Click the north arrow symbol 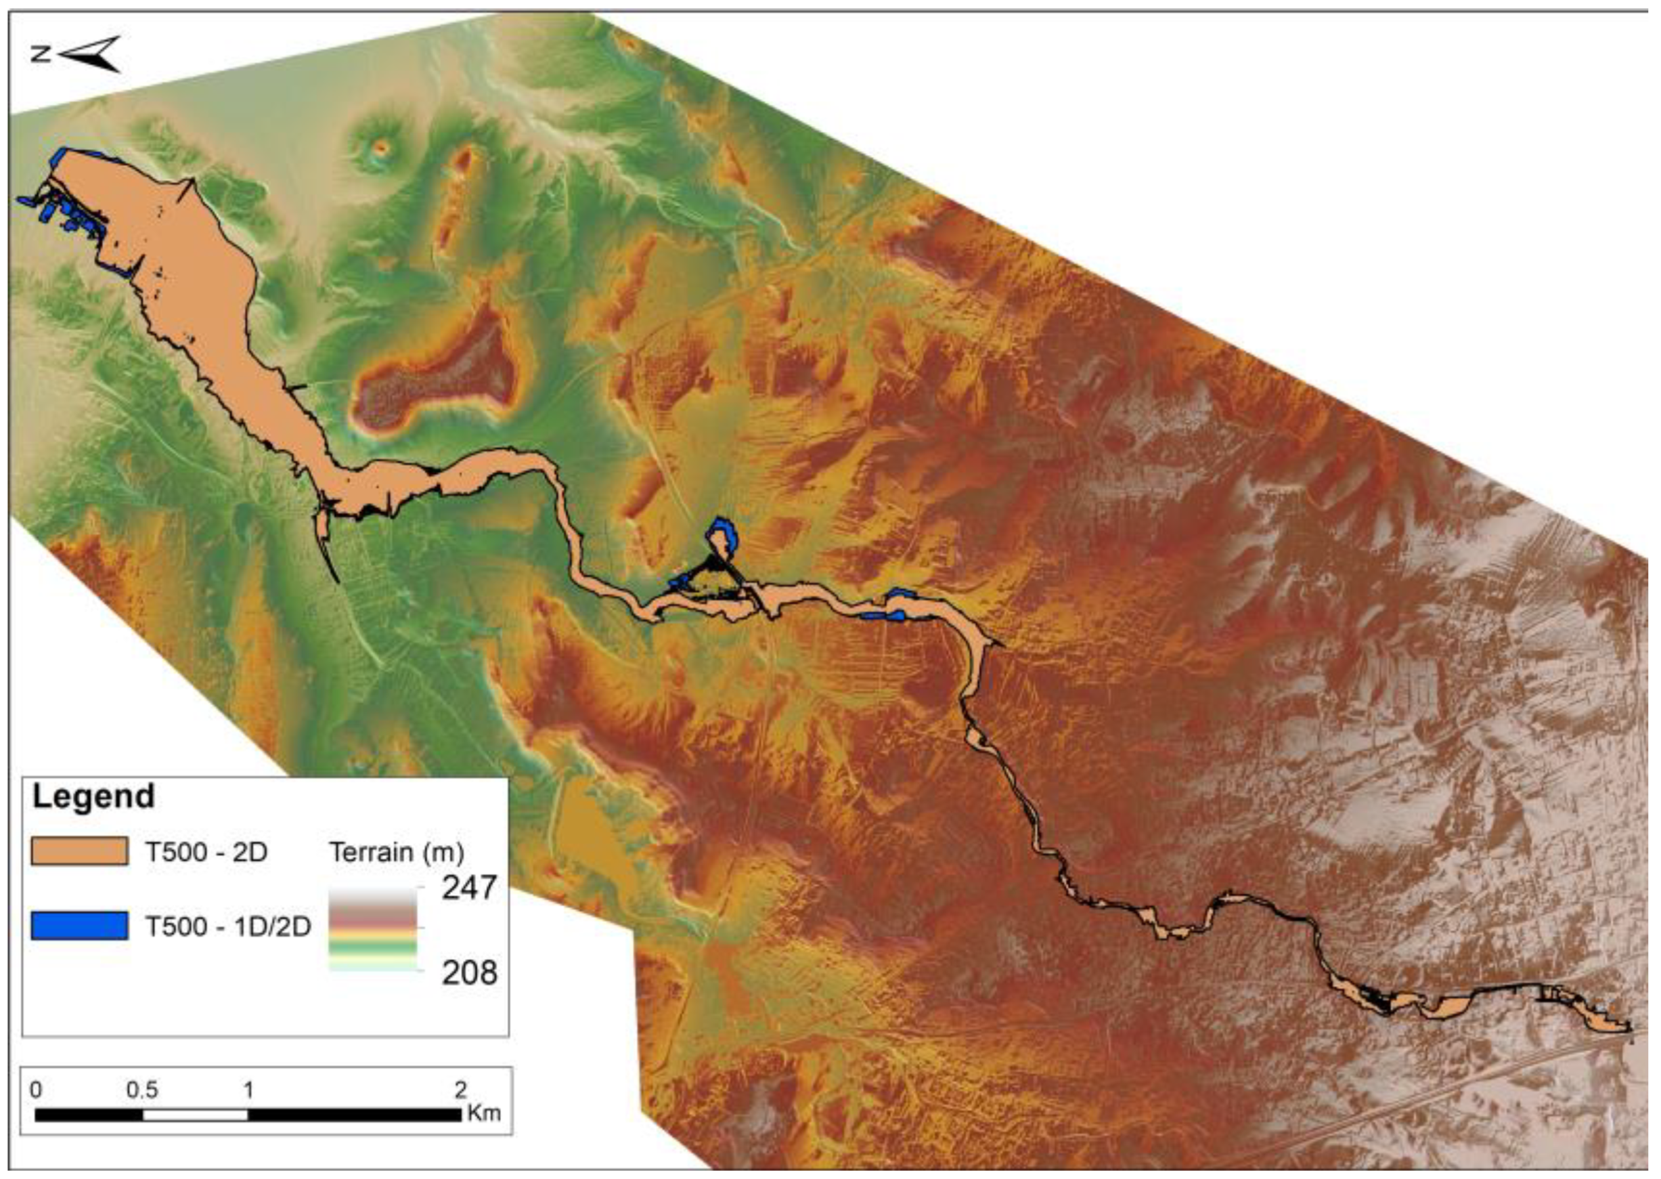[90, 54]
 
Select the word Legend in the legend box [93, 796]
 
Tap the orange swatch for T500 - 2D [79, 852]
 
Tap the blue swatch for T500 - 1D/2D [79, 926]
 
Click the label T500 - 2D [207, 852]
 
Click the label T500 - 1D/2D [228, 926]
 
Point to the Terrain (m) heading [396, 852]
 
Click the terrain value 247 [470, 887]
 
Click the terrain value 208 [470, 972]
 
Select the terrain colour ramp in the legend [373, 929]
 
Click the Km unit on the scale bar [483, 1112]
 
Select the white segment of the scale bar [195, 1115]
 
